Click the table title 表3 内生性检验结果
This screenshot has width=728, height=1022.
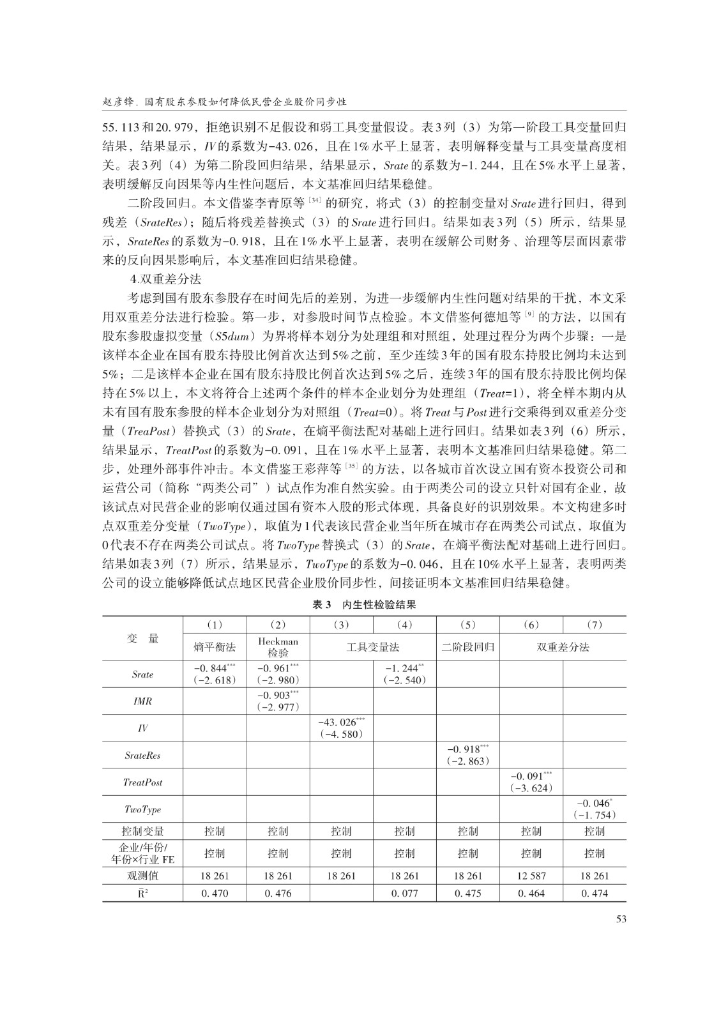364,604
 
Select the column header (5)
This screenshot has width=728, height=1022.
467,625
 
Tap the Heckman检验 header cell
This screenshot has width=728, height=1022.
278,646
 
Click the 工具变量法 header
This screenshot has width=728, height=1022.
373,647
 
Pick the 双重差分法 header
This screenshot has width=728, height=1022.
563,647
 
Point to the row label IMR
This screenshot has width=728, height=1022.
142,701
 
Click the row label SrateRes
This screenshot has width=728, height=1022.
142,755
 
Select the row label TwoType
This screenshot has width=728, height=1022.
142,809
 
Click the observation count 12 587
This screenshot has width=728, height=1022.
531,876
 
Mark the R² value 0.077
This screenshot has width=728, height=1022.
404,894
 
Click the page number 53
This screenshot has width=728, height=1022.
620,919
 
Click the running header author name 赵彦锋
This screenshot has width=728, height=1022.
119,102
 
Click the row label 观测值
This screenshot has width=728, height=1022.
142,876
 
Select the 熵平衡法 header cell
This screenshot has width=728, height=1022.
215,647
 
